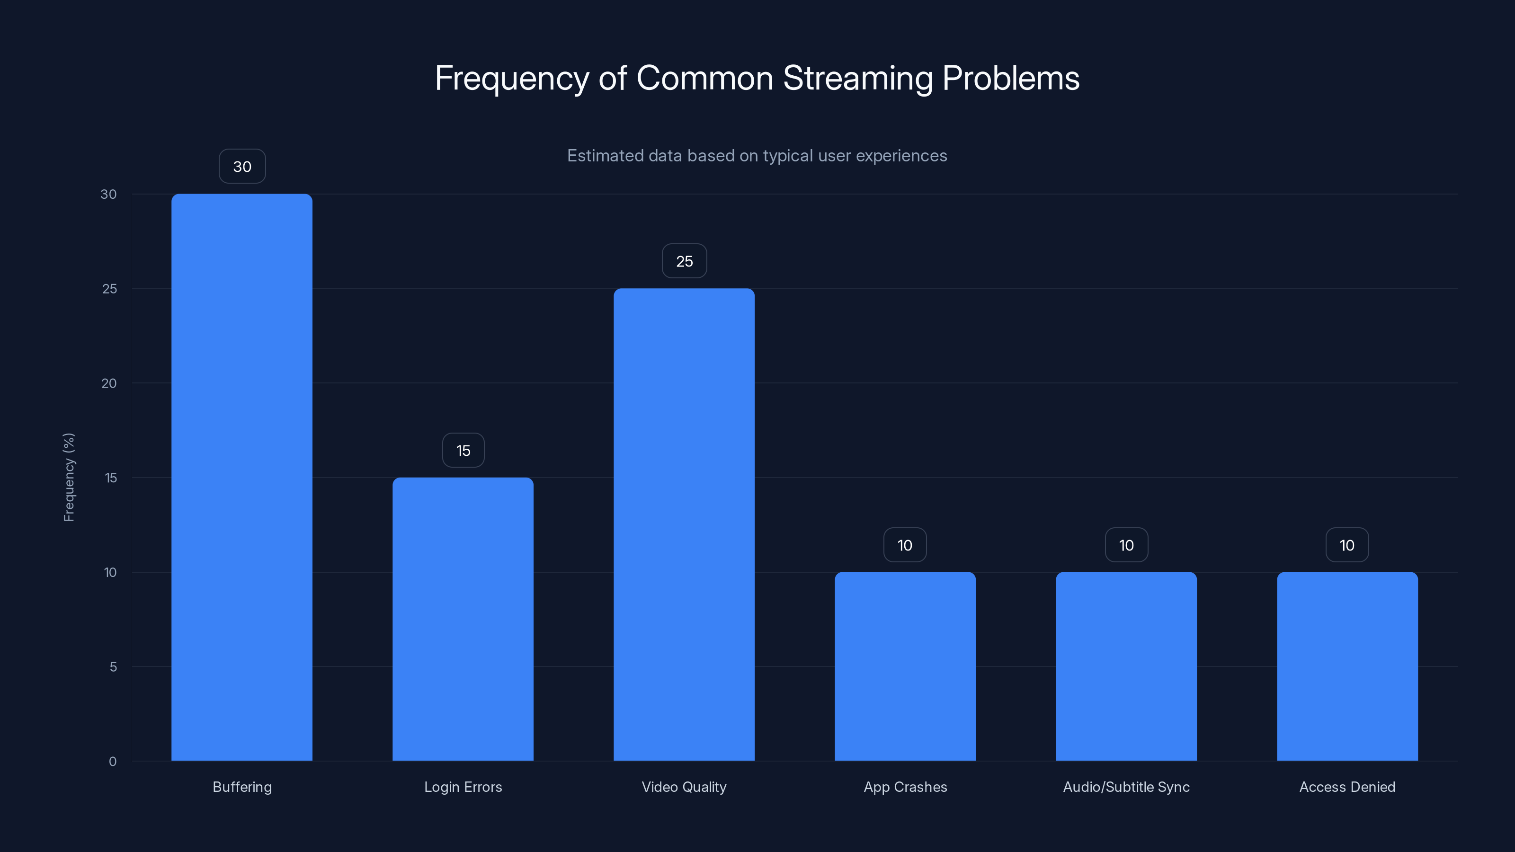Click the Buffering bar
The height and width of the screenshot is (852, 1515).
(x=242, y=477)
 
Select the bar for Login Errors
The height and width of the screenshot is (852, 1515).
(x=463, y=619)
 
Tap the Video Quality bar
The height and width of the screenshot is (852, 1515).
(x=684, y=524)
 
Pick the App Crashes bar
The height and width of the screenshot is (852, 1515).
(x=905, y=666)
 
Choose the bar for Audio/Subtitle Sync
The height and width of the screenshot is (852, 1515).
(x=1126, y=666)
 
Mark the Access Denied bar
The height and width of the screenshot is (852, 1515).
(x=1347, y=666)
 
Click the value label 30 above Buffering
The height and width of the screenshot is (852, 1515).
(x=242, y=167)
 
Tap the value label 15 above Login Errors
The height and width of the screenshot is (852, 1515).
(x=463, y=451)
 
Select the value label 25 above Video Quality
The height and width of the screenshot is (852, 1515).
(x=685, y=261)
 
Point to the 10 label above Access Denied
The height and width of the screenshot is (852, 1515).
(x=1347, y=545)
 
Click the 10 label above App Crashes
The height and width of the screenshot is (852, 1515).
(x=905, y=545)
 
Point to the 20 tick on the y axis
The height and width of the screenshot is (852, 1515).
(x=109, y=383)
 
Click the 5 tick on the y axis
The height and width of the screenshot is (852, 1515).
(x=113, y=667)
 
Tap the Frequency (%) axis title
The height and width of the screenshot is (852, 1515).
(x=69, y=477)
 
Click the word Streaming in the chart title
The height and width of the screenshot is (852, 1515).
(x=857, y=78)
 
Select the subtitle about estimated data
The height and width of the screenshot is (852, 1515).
(x=757, y=156)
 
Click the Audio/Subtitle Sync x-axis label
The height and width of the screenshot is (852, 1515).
(x=1126, y=787)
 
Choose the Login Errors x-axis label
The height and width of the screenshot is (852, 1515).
(x=463, y=787)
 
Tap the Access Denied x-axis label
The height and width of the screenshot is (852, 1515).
(x=1347, y=787)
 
